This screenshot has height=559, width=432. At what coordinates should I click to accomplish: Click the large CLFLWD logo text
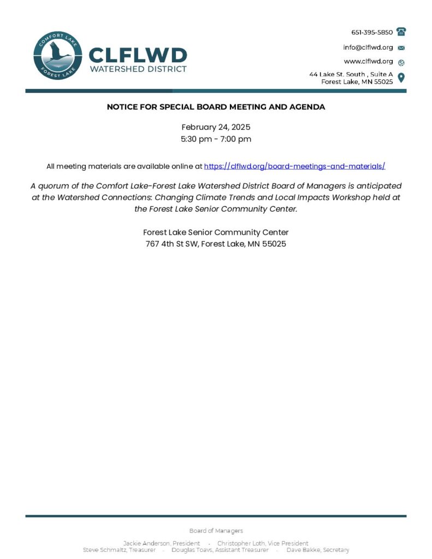(x=138, y=55)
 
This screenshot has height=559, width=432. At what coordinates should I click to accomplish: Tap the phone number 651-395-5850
(x=371, y=32)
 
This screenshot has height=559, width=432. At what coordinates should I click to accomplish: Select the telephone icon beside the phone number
(x=401, y=32)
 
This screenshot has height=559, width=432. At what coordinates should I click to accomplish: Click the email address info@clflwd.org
(x=368, y=47)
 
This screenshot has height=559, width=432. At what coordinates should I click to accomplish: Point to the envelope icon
(x=401, y=48)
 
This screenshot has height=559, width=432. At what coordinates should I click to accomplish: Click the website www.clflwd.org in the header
(x=368, y=62)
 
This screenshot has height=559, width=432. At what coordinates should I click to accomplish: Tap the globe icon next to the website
(x=401, y=62)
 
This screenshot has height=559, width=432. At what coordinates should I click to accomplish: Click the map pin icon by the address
(x=401, y=78)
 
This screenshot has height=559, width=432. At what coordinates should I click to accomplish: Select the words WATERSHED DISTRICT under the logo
(x=138, y=69)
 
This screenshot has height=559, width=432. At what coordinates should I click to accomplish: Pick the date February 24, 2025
(x=216, y=127)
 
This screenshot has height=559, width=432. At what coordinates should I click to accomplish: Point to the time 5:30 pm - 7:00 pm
(x=216, y=139)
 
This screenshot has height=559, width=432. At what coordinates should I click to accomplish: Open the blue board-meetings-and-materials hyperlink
(x=294, y=166)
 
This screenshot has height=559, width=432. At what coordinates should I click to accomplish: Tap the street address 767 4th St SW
(x=171, y=244)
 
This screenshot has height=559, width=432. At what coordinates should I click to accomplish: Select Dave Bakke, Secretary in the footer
(x=318, y=550)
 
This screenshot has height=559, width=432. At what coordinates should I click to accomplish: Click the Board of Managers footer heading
(x=216, y=531)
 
